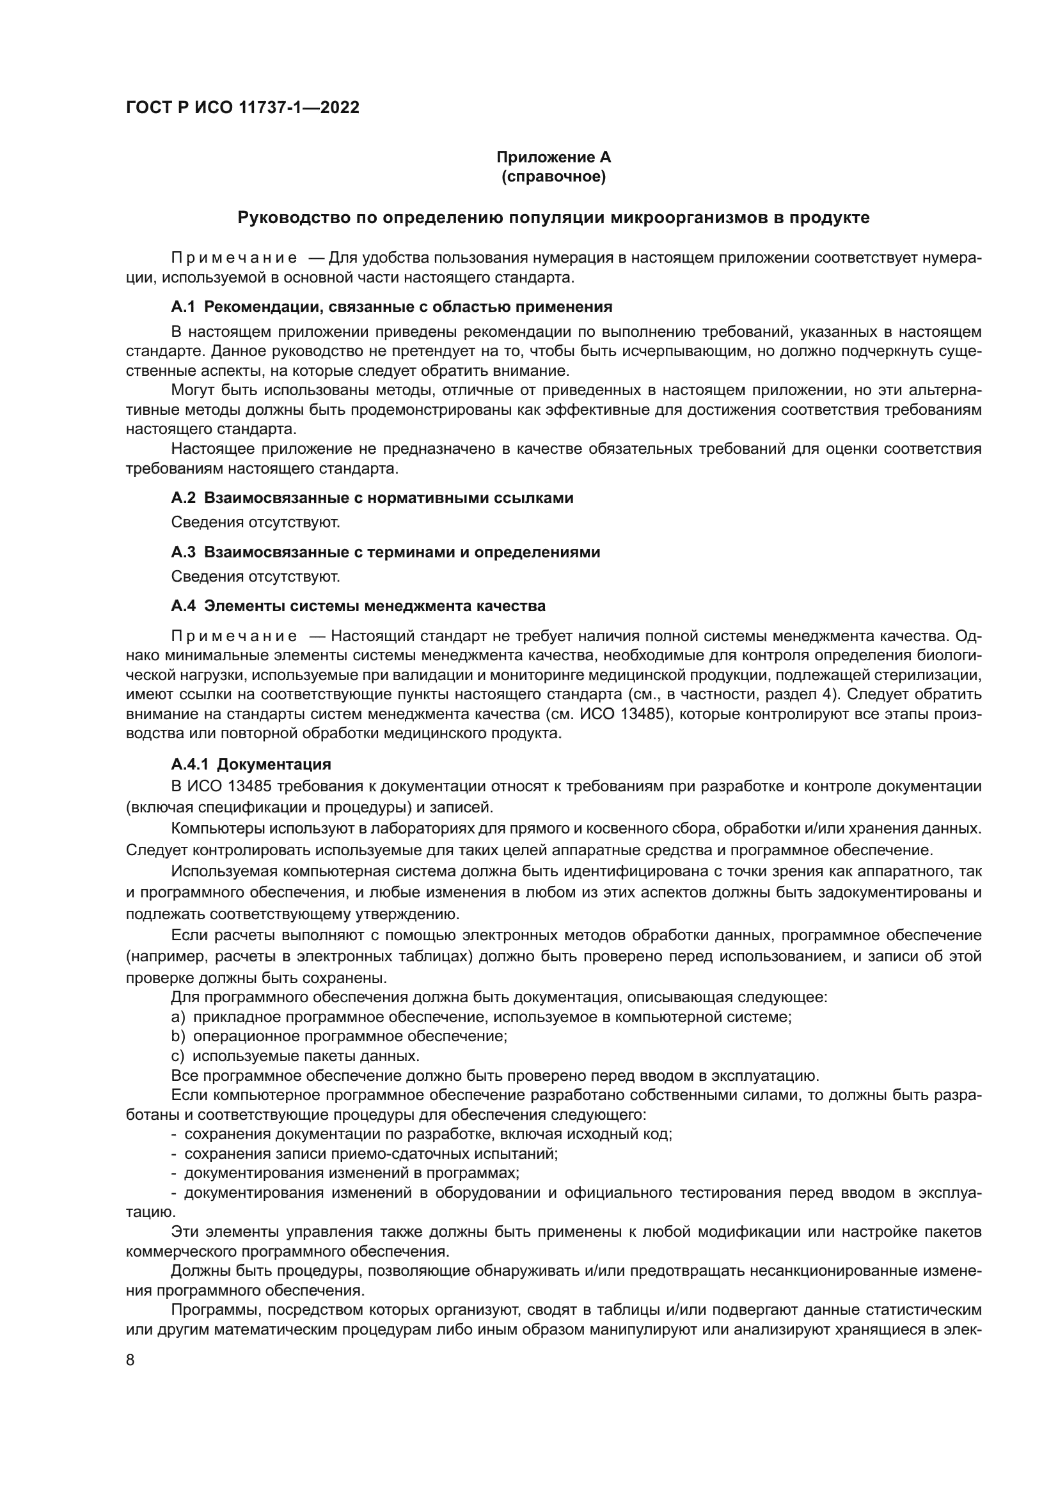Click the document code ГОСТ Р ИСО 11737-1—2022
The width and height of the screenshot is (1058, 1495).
coord(242,107)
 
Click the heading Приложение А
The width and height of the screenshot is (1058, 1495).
coord(553,157)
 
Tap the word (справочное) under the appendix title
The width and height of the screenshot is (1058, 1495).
coord(553,176)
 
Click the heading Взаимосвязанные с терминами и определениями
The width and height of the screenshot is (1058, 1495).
coord(401,552)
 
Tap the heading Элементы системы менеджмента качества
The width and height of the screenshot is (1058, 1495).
coord(375,606)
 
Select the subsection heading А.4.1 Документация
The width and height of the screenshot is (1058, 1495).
coord(251,764)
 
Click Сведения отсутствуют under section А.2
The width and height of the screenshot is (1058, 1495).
coord(255,522)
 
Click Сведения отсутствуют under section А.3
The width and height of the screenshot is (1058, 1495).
coord(255,577)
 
